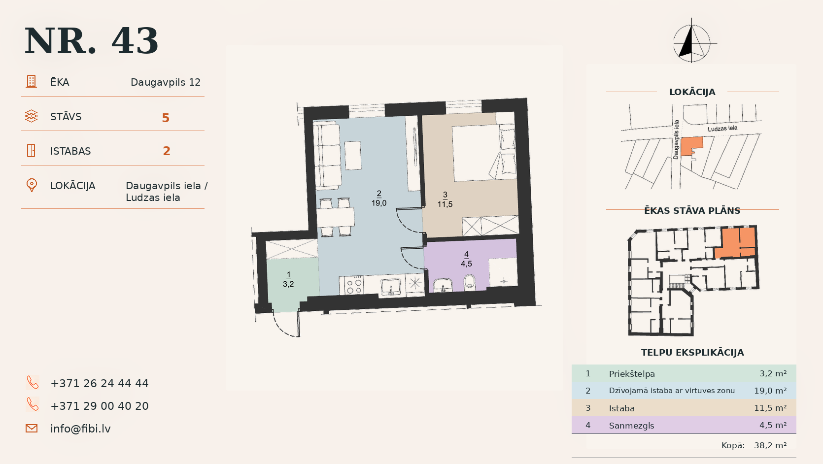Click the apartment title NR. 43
[92, 41]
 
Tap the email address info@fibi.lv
[80, 429]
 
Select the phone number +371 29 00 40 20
[100, 406]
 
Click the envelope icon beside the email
[32, 429]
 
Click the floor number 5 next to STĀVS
[166, 118]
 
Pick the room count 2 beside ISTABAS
[167, 151]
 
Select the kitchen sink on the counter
[391, 286]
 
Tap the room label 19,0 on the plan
[379, 203]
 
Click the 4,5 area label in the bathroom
[466, 264]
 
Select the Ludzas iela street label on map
[722, 129]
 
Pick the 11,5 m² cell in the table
[770, 408]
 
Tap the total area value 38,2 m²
[770, 445]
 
